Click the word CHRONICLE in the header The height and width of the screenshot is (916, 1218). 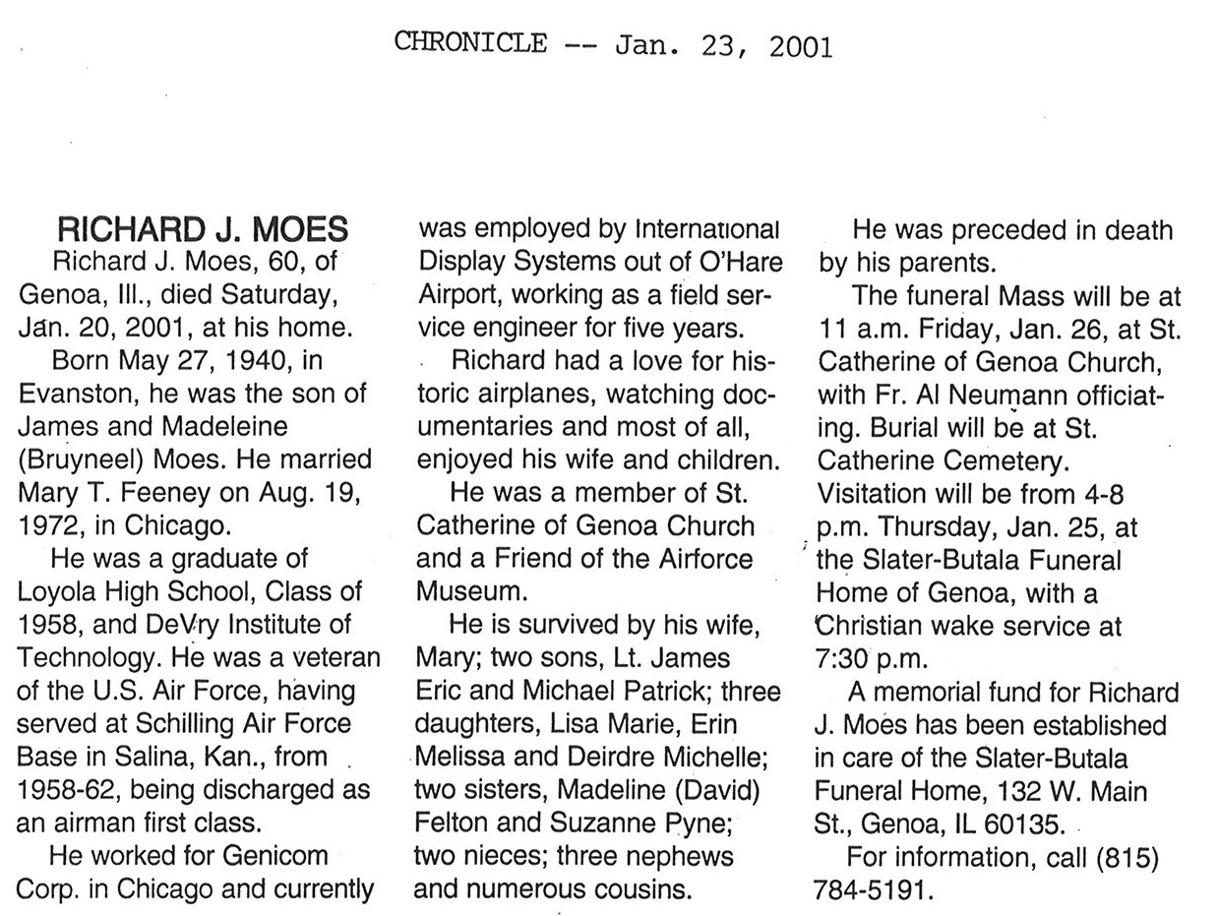(471, 42)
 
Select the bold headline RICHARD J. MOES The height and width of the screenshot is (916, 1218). (203, 231)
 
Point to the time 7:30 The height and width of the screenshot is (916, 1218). (845, 658)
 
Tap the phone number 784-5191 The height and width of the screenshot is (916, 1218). (870, 889)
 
